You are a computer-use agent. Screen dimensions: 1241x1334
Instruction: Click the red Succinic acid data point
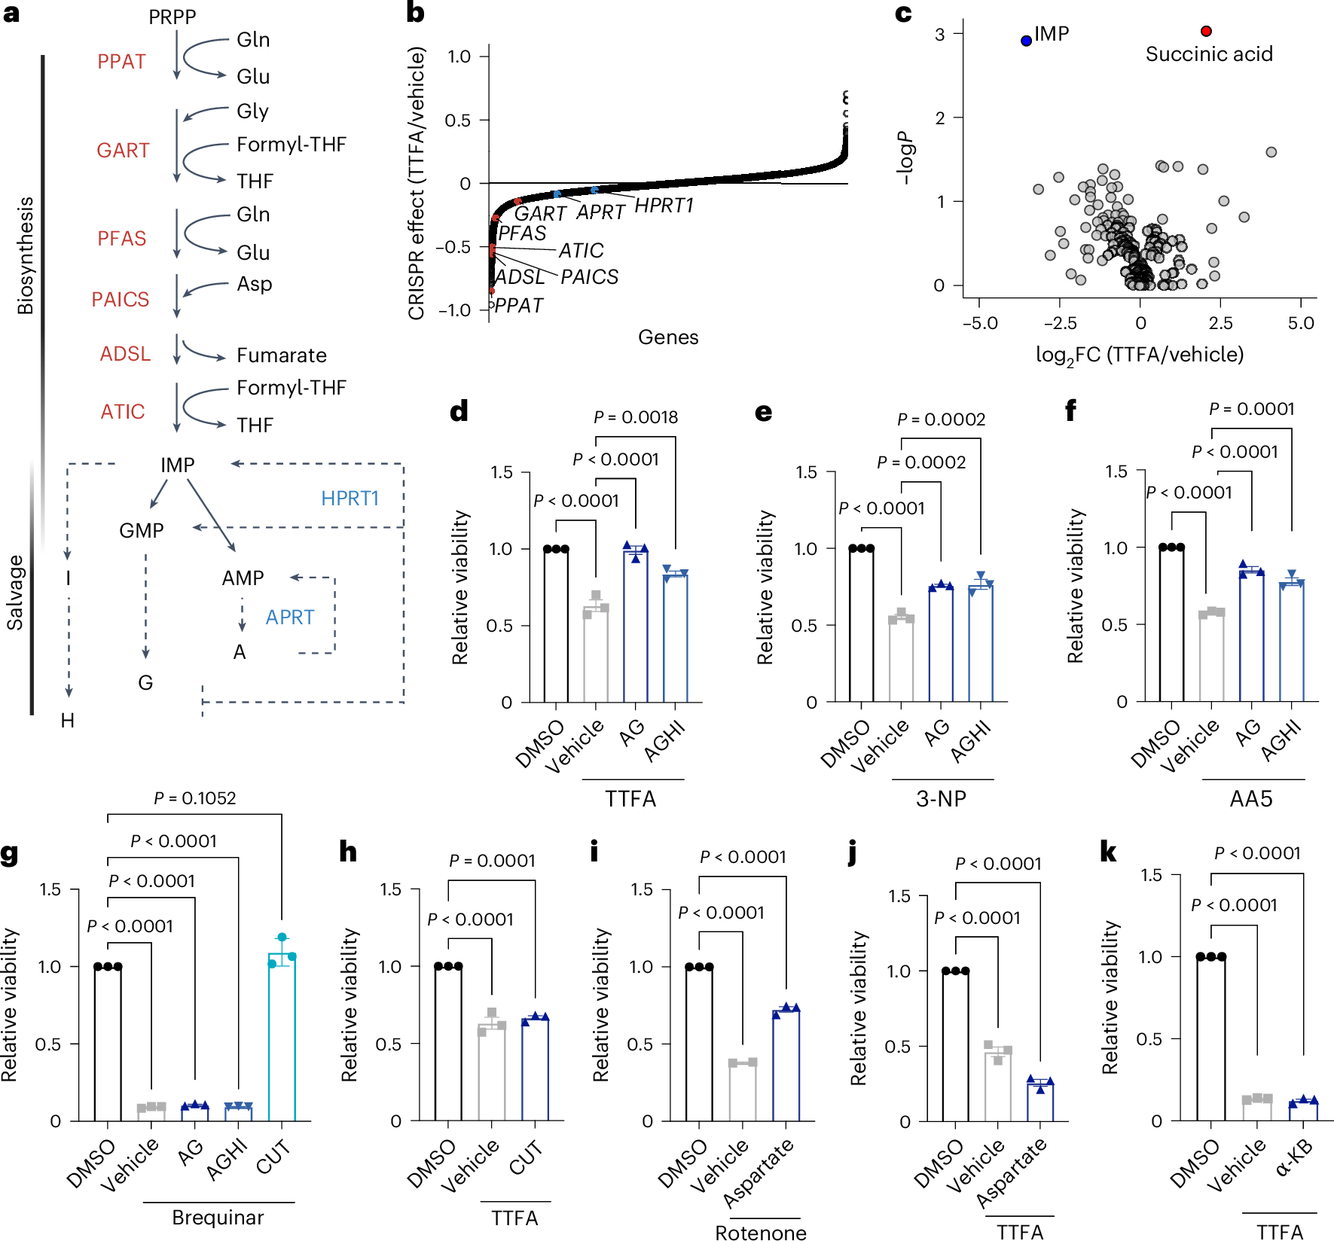point(1206,31)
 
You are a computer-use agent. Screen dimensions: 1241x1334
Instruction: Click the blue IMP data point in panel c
point(1026,41)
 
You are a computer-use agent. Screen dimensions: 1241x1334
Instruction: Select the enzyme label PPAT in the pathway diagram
point(121,62)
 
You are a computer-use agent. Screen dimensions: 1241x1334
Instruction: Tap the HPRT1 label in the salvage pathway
point(350,499)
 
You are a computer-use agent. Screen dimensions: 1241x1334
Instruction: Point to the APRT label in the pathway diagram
point(289,617)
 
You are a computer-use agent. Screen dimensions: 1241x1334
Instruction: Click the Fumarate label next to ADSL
point(281,355)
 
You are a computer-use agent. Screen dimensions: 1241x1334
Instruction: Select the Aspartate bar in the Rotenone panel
point(786,1065)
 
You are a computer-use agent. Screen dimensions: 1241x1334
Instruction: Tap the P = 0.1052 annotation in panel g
point(194,798)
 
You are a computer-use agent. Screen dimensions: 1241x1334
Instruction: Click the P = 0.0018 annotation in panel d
point(635,417)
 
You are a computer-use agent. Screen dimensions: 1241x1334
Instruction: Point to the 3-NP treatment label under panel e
point(941,799)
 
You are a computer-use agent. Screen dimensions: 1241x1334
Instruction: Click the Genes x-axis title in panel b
point(668,337)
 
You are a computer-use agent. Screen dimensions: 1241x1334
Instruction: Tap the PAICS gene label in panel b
point(589,277)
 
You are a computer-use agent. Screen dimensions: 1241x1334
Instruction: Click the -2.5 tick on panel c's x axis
point(1059,323)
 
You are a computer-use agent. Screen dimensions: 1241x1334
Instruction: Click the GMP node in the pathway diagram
point(141,531)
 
